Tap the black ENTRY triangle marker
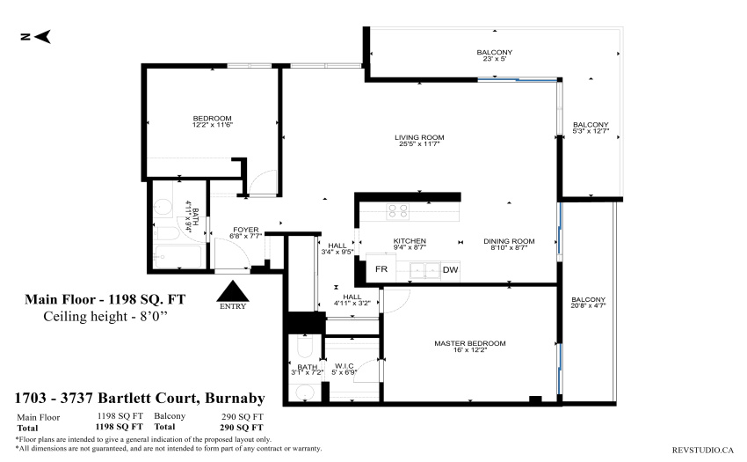click(233, 291)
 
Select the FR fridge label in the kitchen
click(381, 269)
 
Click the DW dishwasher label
click(450, 269)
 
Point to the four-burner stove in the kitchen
click(397, 211)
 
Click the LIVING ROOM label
click(419, 137)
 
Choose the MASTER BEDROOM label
click(470, 343)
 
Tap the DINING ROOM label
click(509, 241)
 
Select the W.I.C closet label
click(344, 366)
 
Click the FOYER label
click(246, 230)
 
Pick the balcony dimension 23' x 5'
click(495, 59)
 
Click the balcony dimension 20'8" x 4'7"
click(588, 305)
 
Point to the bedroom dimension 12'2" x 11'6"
click(213, 125)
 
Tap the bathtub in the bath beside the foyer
click(178, 257)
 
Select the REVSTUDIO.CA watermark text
click(703, 450)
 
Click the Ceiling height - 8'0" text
click(105, 316)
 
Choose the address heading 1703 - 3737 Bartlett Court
click(105, 398)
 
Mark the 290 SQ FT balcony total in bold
click(241, 427)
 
